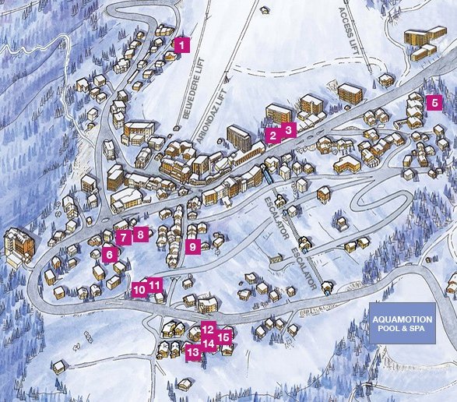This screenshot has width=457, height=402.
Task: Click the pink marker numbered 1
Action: (181, 45)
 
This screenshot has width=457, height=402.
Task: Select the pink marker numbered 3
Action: (288, 130)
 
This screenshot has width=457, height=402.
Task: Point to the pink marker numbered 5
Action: (434, 102)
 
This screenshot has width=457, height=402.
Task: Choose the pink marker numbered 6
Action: (110, 254)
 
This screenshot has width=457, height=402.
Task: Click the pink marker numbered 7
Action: (123, 237)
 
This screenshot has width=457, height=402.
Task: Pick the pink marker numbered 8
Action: (140, 233)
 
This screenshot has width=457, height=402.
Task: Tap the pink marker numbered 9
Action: (193, 248)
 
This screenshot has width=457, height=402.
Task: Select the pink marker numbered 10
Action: (139, 289)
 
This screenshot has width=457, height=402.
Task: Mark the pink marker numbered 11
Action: (155, 284)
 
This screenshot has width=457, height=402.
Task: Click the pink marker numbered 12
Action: (208, 329)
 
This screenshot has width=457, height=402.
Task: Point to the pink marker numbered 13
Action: (193, 352)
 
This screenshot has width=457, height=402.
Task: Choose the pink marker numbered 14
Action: (209, 344)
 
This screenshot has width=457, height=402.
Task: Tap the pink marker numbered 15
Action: (224, 337)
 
